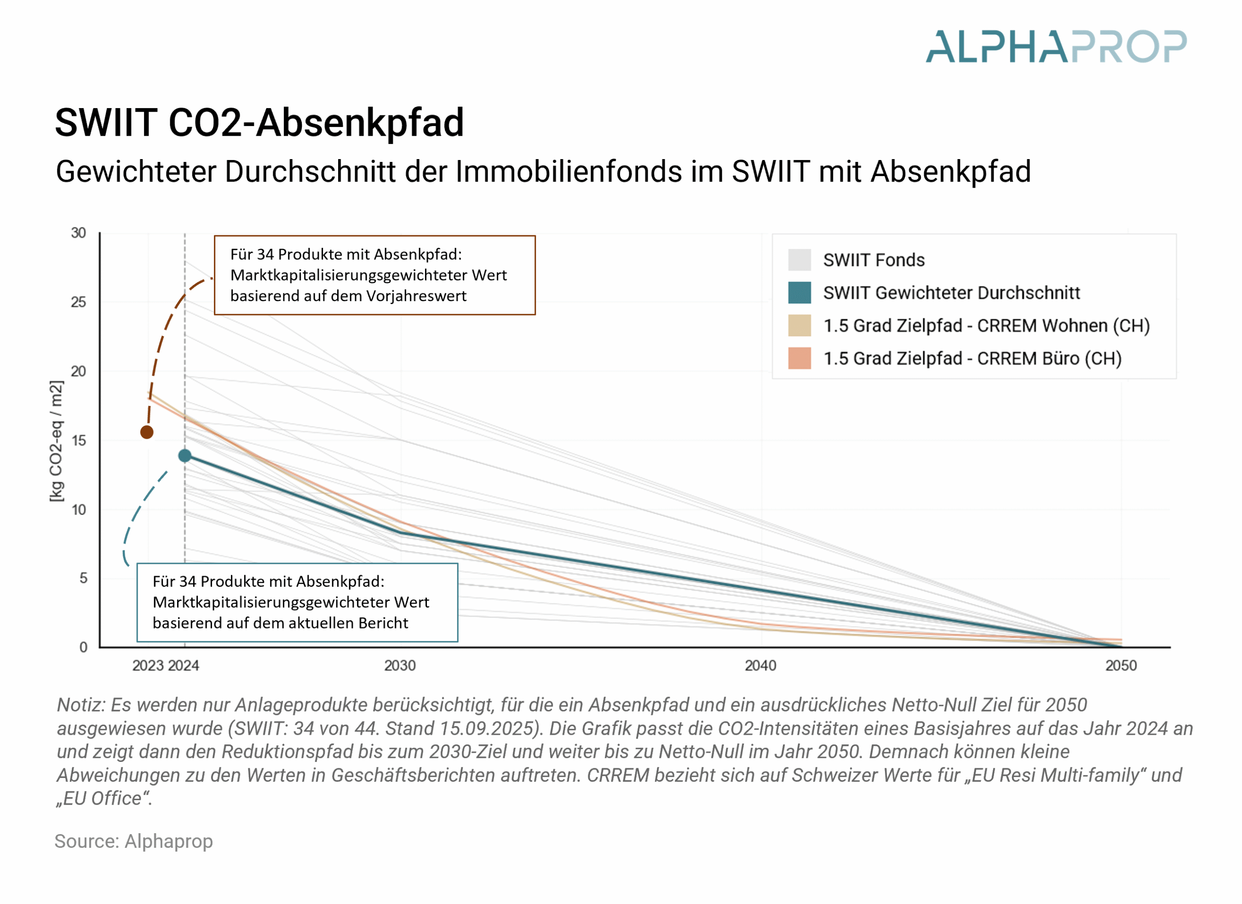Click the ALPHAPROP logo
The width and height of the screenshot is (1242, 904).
(x=1055, y=47)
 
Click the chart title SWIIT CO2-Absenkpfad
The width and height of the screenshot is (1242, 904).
(x=259, y=122)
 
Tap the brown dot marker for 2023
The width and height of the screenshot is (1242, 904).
(x=147, y=432)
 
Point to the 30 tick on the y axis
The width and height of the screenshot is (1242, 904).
(x=78, y=233)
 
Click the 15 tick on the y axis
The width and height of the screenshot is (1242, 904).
(x=78, y=441)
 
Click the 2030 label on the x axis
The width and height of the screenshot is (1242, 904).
(x=400, y=666)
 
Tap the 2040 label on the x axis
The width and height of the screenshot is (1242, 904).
(x=760, y=666)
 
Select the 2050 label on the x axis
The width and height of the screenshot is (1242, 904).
(x=1121, y=666)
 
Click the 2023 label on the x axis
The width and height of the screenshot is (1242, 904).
(x=148, y=666)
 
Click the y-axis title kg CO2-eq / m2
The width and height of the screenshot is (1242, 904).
(x=56, y=441)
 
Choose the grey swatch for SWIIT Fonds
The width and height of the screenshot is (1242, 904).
(x=799, y=260)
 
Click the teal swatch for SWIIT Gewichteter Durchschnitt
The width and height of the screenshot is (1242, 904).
(x=799, y=293)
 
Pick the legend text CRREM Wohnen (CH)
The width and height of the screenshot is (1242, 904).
(x=1063, y=326)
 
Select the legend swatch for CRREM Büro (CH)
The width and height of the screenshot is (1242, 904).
(x=799, y=359)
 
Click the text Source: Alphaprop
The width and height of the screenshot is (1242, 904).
(x=133, y=841)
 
